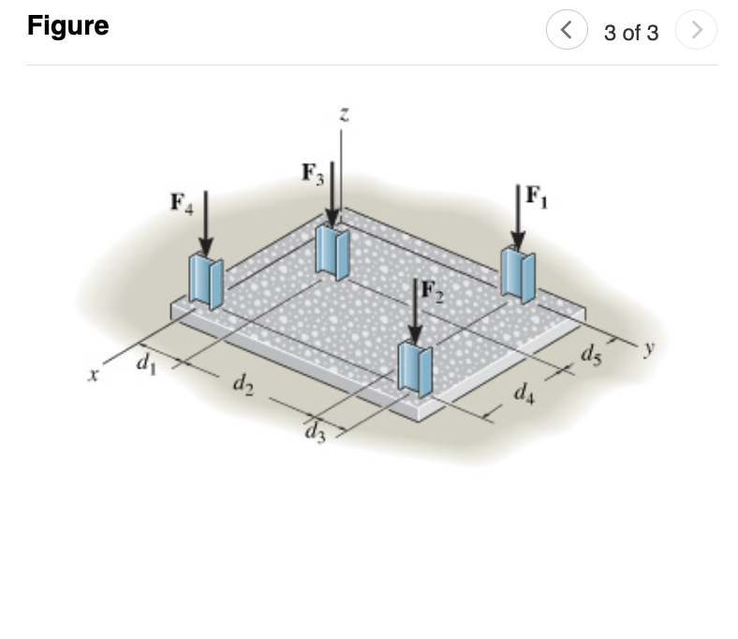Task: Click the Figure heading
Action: click(67, 26)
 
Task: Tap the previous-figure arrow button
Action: click(566, 32)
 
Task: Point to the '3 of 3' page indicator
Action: click(631, 33)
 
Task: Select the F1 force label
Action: click(537, 196)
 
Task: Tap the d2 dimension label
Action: click(241, 384)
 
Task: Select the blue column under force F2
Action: click(415, 368)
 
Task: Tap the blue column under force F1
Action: click(517, 273)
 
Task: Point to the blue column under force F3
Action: click(332, 250)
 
